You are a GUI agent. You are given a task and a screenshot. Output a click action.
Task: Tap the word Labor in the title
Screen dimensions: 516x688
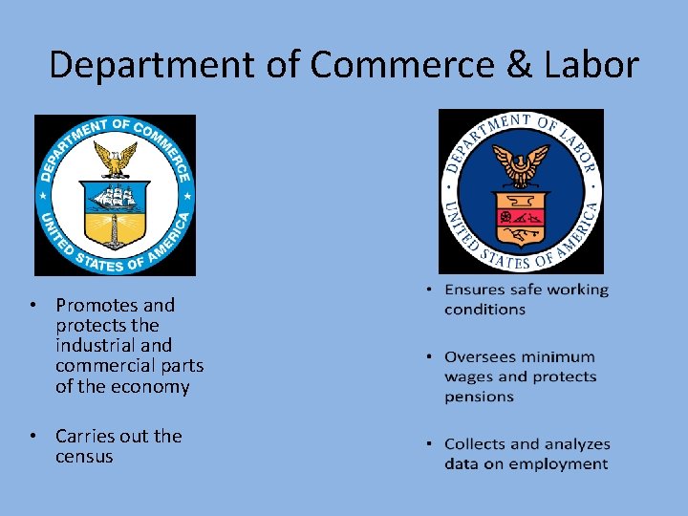tap(592, 65)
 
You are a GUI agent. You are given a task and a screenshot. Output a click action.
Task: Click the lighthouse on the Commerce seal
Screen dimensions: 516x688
tap(116, 229)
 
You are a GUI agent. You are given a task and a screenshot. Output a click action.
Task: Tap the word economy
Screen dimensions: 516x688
tap(153, 387)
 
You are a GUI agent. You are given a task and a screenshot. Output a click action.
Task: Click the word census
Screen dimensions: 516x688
tap(84, 457)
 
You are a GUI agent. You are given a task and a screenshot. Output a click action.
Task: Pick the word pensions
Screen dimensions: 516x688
tap(479, 397)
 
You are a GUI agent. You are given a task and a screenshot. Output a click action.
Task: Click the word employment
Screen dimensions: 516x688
tap(561, 464)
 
